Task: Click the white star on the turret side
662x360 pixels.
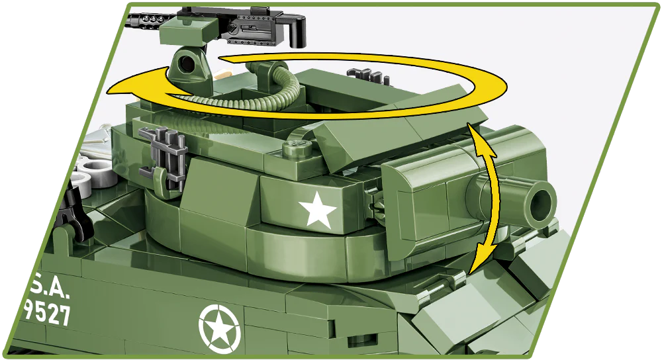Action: [x=317, y=210]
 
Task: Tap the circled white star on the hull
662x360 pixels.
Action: [x=220, y=326]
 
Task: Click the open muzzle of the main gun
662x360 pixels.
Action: [x=540, y=203]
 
